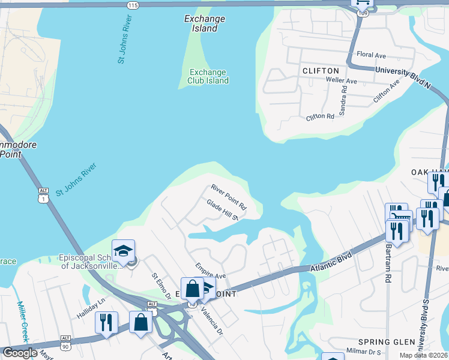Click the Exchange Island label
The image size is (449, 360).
tap(205, 23)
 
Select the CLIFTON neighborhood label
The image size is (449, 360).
tap(317, 71)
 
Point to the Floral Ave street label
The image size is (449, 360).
tap(371, 55)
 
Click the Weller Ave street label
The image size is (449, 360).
tap(341, 81)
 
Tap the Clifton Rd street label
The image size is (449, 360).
tap(319, 116)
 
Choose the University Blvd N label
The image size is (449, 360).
tap(403, 76)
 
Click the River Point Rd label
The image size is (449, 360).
tap(229, 197)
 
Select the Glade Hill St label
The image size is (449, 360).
tap(223, 210)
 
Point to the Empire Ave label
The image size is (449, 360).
tap(210, 271)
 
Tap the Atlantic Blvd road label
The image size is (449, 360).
tap(329, 262)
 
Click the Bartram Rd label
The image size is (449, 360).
tap(388, 263)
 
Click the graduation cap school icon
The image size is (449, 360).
tap(124, 251)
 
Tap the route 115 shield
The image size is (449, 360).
tap(133, 4)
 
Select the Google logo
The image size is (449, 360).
tap(19, 353)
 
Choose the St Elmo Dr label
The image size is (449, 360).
tap(161, 287)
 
